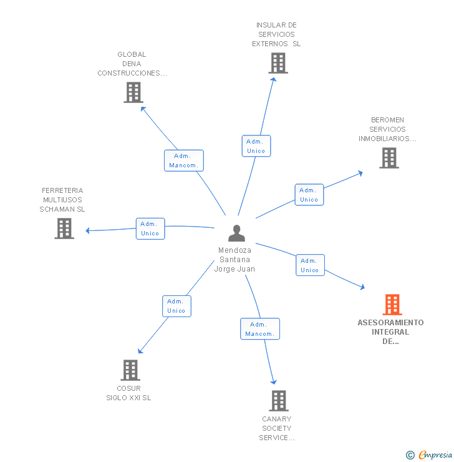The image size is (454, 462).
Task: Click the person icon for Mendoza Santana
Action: [236, 233]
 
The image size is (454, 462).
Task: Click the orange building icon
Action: [392, 305]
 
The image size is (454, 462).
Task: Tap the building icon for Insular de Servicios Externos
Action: [278, 63]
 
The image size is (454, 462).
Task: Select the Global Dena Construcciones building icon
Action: [133, 92]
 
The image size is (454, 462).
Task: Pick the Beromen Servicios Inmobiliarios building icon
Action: [389, 158]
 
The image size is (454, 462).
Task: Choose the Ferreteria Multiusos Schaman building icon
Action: [64, 229]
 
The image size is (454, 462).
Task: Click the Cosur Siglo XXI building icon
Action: [130, 370]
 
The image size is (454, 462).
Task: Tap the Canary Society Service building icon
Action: [278, 401]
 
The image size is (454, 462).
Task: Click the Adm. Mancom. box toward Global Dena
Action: [184, 160]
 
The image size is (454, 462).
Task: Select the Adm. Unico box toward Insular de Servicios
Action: [256, 146]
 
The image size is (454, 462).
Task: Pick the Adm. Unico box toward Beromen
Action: [309, 195]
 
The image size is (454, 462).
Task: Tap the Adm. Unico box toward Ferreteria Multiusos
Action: [150, 229]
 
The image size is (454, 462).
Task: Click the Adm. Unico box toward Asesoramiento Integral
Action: [309, 265]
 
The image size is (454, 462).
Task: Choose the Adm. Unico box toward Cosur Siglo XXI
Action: [176, 306]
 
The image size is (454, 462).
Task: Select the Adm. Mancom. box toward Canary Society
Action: [260, 329]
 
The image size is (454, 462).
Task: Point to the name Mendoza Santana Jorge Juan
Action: [234, 260]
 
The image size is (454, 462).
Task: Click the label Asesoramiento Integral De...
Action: [390, 332]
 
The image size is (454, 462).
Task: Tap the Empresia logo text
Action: [435, 455]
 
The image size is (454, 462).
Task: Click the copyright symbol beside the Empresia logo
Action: [410, 455]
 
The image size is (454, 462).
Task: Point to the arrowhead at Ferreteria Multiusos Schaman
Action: [88, 231]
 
